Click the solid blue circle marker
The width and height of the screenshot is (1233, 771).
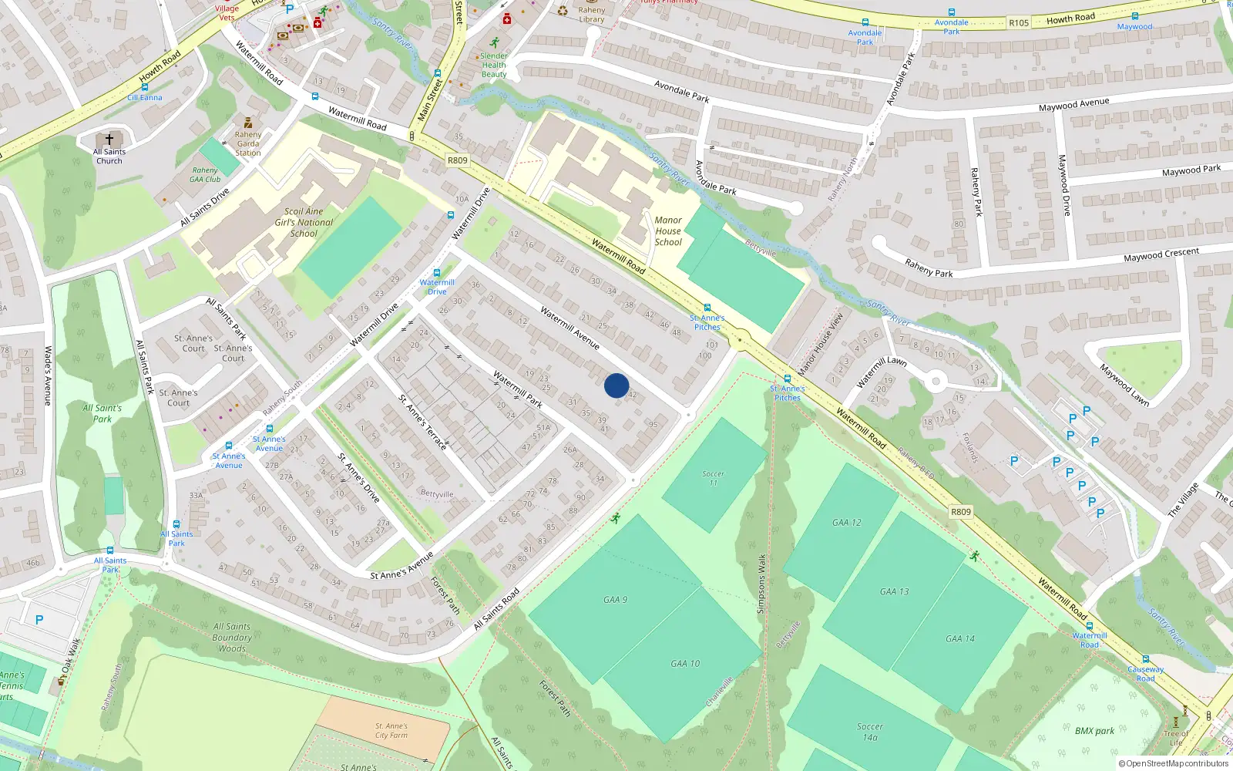click(x=616, y=385)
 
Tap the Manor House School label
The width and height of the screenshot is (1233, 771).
click(x=668, y=231)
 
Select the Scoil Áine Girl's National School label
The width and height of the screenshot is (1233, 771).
click(x=304, y=222)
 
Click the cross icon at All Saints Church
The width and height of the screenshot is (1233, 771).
click(x=109, y=140)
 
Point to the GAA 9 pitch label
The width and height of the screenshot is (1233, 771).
click(x=615, y=599)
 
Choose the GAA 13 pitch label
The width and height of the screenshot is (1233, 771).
click(x=894, y=591)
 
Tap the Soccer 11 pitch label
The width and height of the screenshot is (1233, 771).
click(x=713, y=478)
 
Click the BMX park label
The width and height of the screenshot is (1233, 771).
click(x=1094, y=731)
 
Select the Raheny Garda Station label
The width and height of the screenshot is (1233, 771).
click(x=248, y=143)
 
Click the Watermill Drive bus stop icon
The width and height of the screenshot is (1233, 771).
click(x=437, y=273)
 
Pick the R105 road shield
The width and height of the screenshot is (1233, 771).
click(x=1018, y=23)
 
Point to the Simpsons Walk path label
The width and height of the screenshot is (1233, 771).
click(x=761, y=584)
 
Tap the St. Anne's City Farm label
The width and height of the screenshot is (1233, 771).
click(x=391, y=730)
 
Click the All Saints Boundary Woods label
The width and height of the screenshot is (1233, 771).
click(x=232, y=638)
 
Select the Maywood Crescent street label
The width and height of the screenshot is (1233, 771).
click(x=1161, y=254)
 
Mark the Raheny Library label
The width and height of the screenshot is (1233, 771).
click(x=592, y=15)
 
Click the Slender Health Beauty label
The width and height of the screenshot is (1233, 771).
click(x=494, y=65)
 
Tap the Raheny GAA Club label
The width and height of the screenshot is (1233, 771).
click(x=206, y=175)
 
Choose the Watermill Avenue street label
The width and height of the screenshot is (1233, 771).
click(x=569, y=328)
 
